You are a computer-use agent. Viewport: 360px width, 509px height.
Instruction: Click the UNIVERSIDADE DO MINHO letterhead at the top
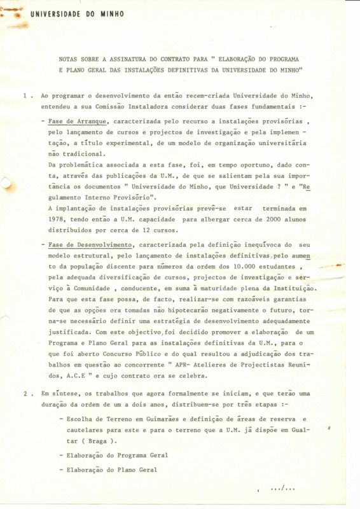point(77,14)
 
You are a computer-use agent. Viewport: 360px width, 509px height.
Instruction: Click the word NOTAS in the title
point(69,58)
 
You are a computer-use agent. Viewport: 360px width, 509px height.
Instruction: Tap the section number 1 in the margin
point(24,96)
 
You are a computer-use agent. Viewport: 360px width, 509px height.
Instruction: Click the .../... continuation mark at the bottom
point(282,490)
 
